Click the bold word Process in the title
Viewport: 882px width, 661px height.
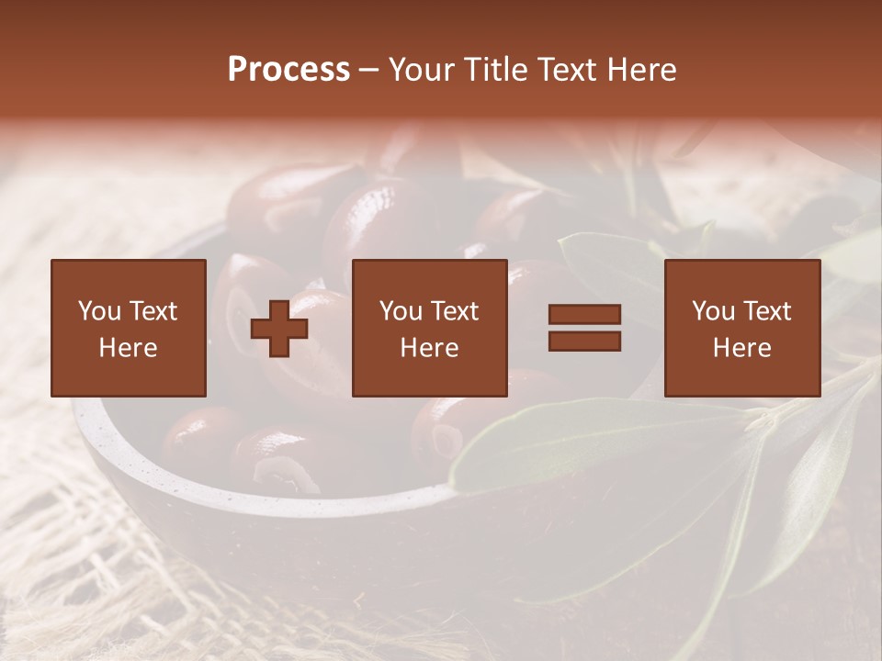pos(288,70)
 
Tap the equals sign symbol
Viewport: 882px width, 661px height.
pos(585,329)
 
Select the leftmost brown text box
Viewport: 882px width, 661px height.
pos(129,329)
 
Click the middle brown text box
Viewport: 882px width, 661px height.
pos(430,329)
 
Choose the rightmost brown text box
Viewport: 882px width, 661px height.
pos(742,329)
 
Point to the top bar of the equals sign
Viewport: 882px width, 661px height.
pos(585,315)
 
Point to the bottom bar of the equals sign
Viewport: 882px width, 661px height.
pos(585,342)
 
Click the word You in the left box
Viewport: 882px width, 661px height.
pos(98,311)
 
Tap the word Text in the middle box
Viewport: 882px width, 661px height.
pos(454,311)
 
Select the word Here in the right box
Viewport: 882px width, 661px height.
pos(742,348)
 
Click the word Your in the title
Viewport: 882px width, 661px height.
pos(419,70)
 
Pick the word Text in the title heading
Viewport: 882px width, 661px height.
pos(564,70)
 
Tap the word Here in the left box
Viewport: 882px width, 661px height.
pos(129,348)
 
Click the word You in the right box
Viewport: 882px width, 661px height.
pos(712,311)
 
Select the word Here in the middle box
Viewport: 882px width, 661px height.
pos(430,348)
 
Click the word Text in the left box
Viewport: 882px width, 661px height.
pos(153,311)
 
